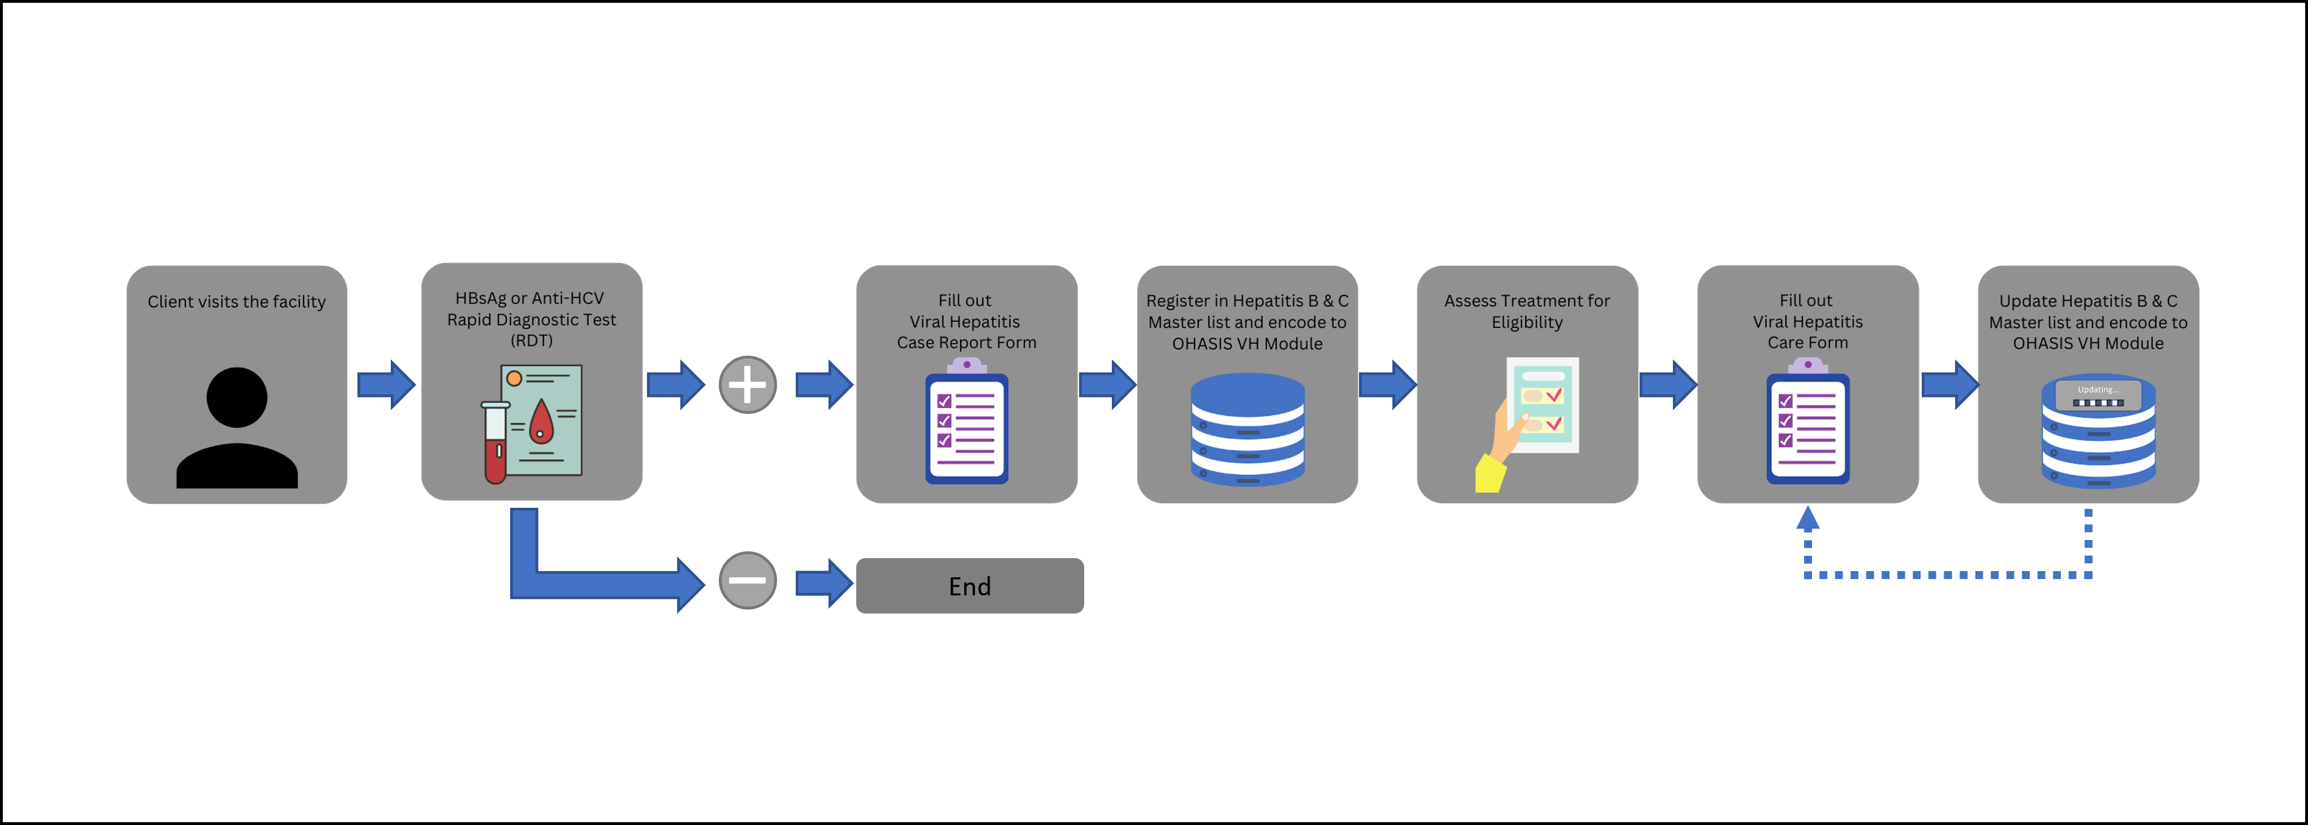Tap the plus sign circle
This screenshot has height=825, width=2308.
pos(747,385)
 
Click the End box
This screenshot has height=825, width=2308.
pos(969,586)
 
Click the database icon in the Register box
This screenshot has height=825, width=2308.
pos(1247,430)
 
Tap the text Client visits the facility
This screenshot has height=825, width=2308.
pos(236,302)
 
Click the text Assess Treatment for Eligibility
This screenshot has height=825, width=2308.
pos(1527,312)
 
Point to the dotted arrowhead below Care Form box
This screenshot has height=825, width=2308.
pos(1807,520)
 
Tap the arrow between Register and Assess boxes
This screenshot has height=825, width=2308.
pos(1387,385)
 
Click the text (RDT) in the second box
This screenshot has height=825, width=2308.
pos(531,340)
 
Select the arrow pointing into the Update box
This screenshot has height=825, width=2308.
pos(1949,385)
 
